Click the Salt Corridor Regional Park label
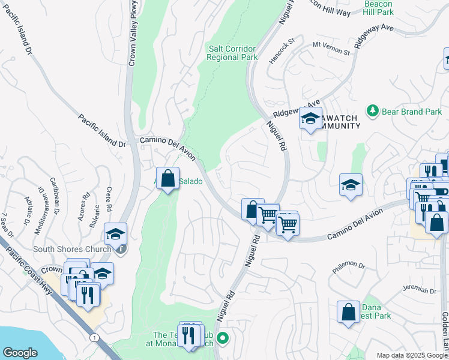pyautogui.click(x=232, y=53)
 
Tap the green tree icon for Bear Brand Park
pyautogui.click(x=373, y=111)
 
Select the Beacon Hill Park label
pyautogui.click(x=379, y=8)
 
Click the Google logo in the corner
pyautogui.click(x=20, y=353)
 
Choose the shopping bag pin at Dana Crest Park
pyautogui.click(x=349, y=312)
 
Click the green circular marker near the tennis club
pyautogui.click(x=223, y=338)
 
